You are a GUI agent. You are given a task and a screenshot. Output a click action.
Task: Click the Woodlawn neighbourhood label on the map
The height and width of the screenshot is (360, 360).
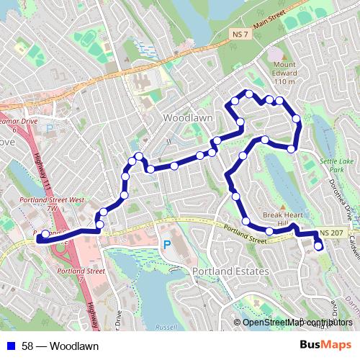click(x=186, y=116)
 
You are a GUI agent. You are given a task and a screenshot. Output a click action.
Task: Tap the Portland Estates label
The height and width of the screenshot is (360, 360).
click(x=230, y=271)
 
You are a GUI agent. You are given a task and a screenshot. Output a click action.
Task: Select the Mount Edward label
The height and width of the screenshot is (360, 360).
click(x=284, y=72)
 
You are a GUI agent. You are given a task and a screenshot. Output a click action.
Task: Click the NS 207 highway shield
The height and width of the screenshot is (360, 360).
click(x=332, y=232)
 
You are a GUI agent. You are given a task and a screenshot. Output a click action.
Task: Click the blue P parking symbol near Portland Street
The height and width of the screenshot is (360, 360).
click(x=166, y=246)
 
